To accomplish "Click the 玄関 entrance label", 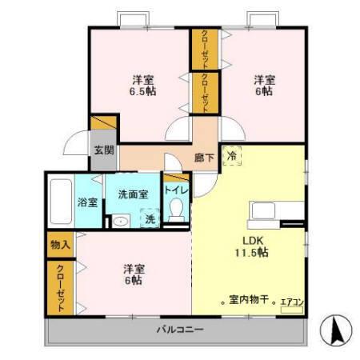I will [104, 150].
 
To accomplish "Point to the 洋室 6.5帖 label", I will [144, 86].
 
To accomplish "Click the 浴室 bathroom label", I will [87, 202].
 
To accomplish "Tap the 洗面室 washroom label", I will [133, 194].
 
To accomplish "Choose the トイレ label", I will [176, 190].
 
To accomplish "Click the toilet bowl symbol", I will [177, 210].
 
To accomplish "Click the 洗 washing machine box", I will [149, 218].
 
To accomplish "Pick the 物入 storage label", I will [58, 244].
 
